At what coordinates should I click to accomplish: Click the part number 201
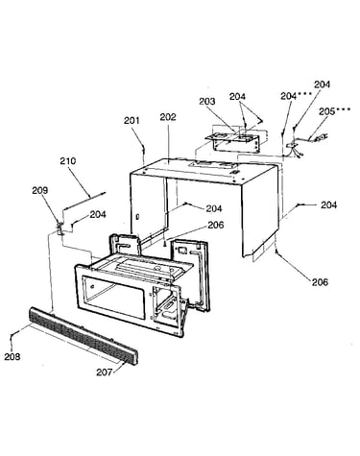tap(132, 121)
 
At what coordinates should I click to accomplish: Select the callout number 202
tap(168, 117)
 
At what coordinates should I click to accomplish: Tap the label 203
tap(207, 102)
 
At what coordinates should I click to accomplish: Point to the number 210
tap(68, 160)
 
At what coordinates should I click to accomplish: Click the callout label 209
tap(40, 190)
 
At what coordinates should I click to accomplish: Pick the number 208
tap(12, 356)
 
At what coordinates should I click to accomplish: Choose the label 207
tap(105, 372)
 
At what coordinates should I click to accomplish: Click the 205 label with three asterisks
tap(335, 111)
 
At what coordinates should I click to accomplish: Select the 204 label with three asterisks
tap(297, 96)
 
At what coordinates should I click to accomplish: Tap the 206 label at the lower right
tap(320, 282)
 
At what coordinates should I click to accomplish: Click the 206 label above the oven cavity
tap(216, 225)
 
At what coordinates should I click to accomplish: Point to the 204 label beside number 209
tap(98, 214)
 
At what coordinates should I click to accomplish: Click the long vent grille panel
tap(84, 336)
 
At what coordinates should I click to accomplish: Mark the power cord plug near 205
tap(322, 138)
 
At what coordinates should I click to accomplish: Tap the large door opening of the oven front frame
tap(113, 297)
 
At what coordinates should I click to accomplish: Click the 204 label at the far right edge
tap(329, 204)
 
